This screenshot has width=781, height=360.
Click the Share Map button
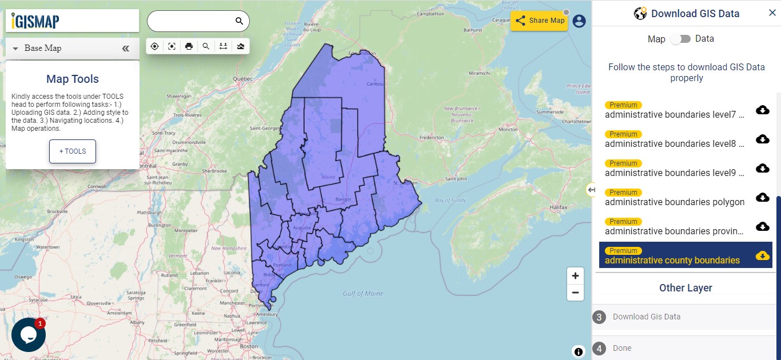pyautogui.click(x=539, y=21)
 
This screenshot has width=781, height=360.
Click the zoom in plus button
pyautogui.click(x=575, y=275)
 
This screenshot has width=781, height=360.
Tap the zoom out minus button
pyautogui.click(x=575, y=293)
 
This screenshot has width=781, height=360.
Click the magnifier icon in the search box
pyautogui.click(x=240, y=21)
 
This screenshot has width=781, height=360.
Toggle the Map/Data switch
pyautogui.click(x=680, y=39)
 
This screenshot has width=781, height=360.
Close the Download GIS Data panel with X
pyautogui.click(x=772, y=13)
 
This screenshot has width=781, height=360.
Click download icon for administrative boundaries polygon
pyautogui.click(x=762, y=197)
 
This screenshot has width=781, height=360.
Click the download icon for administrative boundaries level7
pyautogui.click(x=762, y=110)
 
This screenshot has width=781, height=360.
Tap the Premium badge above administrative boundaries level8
pyautogui.click(x=623, y=134)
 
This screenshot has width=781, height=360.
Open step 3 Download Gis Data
pyautogui.click(x=646, y=317)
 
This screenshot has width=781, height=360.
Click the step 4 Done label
pyautogui.click(x=622, y=348)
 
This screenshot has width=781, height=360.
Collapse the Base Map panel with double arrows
pyautogui.click(x=126, y=49)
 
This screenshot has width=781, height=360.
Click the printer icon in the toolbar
pyautogui.click(x=189, y=46)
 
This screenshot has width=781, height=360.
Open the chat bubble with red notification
pyautogui.click(x=28, y=334)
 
